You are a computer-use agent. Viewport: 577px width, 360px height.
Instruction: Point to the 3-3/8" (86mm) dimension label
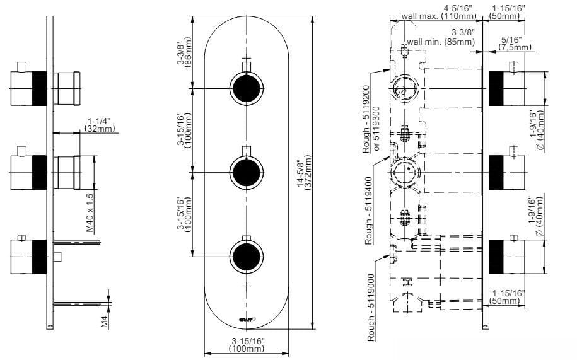(x=184, y=54)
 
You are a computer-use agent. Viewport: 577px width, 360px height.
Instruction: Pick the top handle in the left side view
(x=28, y=88)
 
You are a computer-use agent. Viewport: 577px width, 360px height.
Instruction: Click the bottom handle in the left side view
(x=28, y=255)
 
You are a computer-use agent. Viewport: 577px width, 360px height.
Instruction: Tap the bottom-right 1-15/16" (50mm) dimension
(x=505, y=298)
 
